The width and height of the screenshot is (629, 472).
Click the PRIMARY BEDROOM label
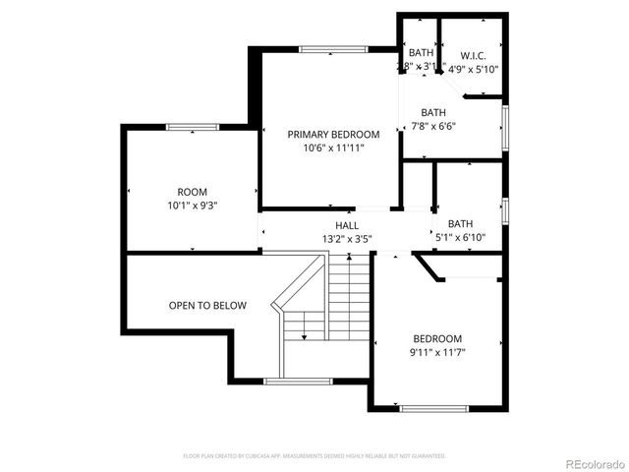pyautogui.click(x=332, y=134)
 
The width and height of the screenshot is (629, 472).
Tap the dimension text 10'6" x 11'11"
pyautogui.click(x=332, y=147)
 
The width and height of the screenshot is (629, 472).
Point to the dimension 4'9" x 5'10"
pyautogui.click(x=474, y=69)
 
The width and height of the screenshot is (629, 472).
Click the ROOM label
pyautogui.click(x=192, y=192)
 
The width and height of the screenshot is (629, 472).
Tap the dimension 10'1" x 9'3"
pyautogui.click(x=192, y=206)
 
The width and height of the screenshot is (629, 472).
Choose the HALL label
pyautogui.click(x=346, y=225)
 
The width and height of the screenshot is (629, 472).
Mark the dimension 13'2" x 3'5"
pyautogui.click(x=346, y=238)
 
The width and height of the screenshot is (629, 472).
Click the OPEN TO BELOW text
pyautogui.click(x=207, y=306)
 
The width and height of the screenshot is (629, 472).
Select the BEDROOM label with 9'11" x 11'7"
pyautogui.click(x=437, y=337)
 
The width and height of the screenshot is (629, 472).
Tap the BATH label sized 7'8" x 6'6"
pyautogui.click(x=433, y=112)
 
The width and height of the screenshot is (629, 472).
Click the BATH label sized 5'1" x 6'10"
pyautogui.click(x=460, y=224)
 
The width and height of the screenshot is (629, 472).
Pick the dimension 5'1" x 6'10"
pyautogui.click(x=460, y=238)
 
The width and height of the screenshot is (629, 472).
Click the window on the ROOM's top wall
pyautogui.click(x=192, y=127)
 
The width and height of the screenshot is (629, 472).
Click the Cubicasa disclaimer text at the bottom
pyautogui.click(x=314, y=456)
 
